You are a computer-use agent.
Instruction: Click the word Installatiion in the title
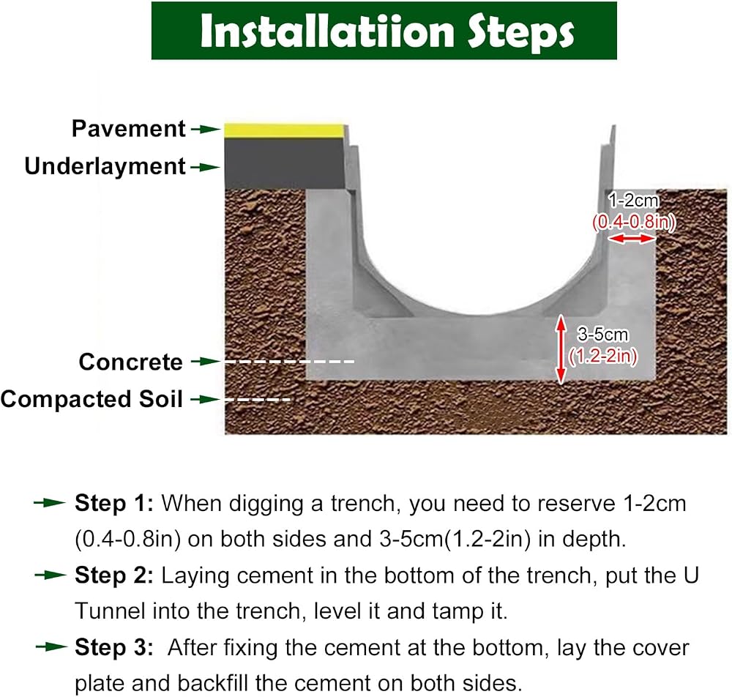326,31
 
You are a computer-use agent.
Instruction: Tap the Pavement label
128,128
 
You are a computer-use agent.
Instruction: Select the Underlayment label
105,166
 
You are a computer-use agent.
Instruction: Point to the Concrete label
131,362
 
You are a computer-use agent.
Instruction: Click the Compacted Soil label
91,399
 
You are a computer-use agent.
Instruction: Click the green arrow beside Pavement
206,130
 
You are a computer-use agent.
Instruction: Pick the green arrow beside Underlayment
206,167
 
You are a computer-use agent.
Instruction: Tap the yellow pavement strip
284,130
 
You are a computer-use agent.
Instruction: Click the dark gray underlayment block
285,163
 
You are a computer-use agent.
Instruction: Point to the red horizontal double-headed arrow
631,239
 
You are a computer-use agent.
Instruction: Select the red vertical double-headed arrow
561,349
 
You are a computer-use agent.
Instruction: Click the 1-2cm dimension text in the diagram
633,201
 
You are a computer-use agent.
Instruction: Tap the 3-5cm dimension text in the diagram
602,335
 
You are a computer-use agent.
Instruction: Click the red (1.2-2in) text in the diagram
602,357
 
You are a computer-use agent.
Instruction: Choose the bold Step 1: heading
114,503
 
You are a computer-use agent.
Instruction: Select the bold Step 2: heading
114,575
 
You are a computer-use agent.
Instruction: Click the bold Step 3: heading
114,647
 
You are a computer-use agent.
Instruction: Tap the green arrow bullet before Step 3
51,647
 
